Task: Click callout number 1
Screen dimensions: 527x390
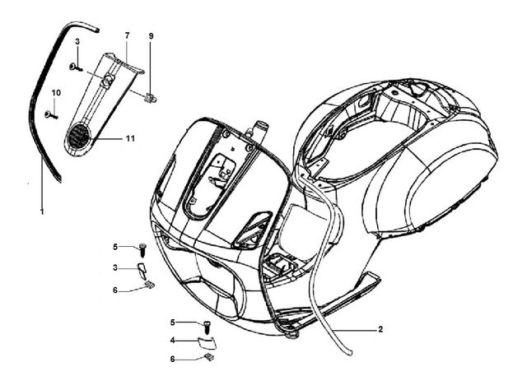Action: coord(42,212)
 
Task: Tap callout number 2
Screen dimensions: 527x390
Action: coord(380,329)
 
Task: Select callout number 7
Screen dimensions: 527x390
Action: coord(127,35)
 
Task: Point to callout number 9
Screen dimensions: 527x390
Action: coord(151,35)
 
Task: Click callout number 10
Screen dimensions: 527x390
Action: coord(56,93)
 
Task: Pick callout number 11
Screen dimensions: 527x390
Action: coord(130,138)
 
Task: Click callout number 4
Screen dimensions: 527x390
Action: coord(172,341)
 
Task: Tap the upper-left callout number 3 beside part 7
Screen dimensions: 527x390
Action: coord(77,42)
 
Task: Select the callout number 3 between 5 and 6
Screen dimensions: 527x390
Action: coord(115,268)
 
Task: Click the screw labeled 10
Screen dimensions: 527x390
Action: coord(51,115)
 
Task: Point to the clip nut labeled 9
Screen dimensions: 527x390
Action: coord(150,97)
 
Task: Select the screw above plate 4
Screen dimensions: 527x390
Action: coord(208,327)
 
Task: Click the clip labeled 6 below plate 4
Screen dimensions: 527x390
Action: coord(208,357)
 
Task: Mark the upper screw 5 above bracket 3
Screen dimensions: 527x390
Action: coord(142,249)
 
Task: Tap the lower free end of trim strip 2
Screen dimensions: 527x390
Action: coord(349,353)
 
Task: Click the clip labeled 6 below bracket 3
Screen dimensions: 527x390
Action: coord(149,285)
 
